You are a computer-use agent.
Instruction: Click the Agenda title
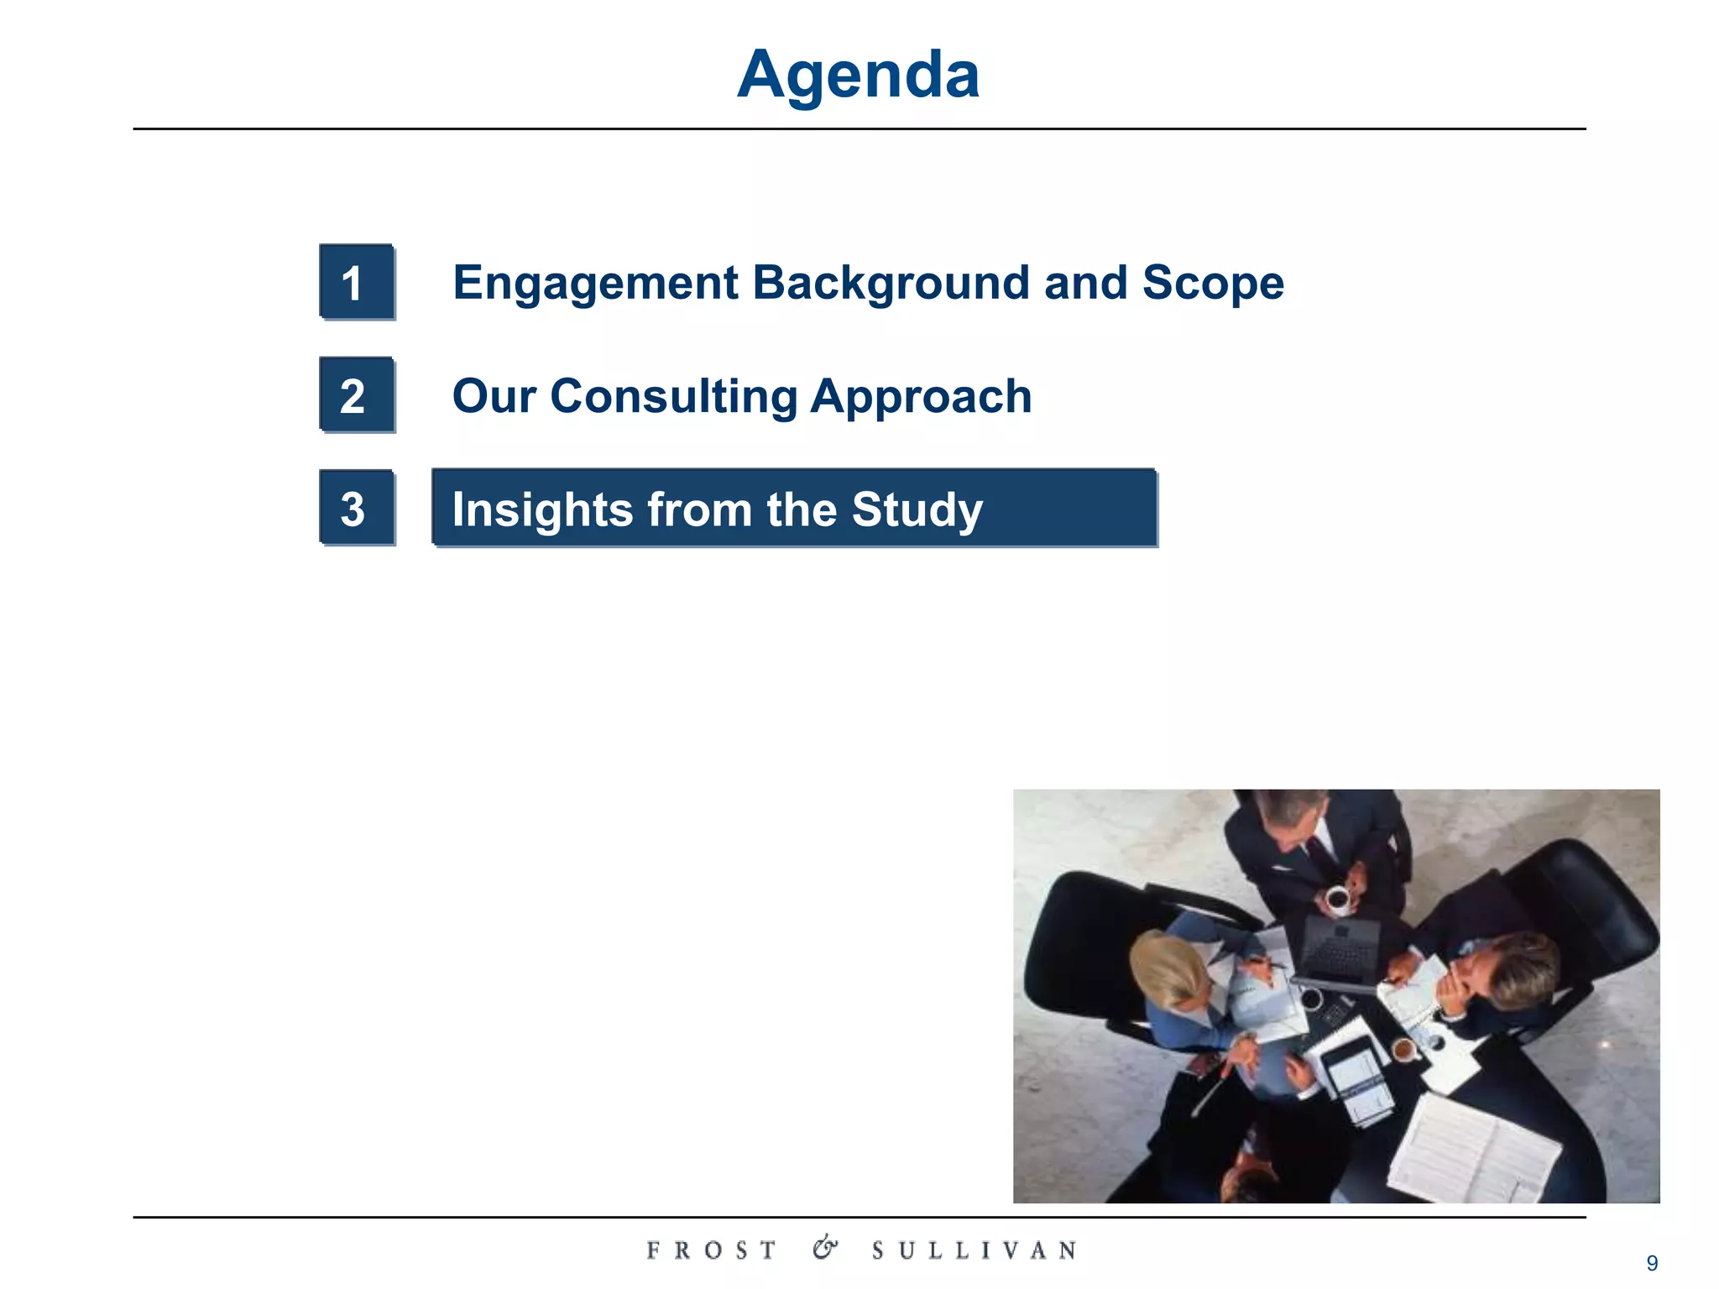pyautogui.click(x=858, y=76)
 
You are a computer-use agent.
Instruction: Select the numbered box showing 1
pyautogui.click(x=356, y=282)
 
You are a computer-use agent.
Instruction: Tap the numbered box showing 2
pyautogui.click(x=356, y=395)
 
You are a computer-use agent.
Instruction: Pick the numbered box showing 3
pyautogui.click(x=356, y=509)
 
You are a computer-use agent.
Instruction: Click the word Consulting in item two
pyautogui.click(x=673, y=396)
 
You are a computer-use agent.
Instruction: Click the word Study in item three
pyautogui.click(x=917, y=510)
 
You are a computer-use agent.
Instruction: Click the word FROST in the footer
pyautogui.click(x=711, y=1250)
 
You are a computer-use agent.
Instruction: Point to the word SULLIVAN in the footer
pyautogui.click(x=974, y=1250)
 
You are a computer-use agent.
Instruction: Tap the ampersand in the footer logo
pyautogui.click(x=824, y=1248)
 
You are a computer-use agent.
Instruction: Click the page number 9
pyautogui.click(x=1652, y=1263)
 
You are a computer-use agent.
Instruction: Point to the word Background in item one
pyautogui.click(x=891, y=284)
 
